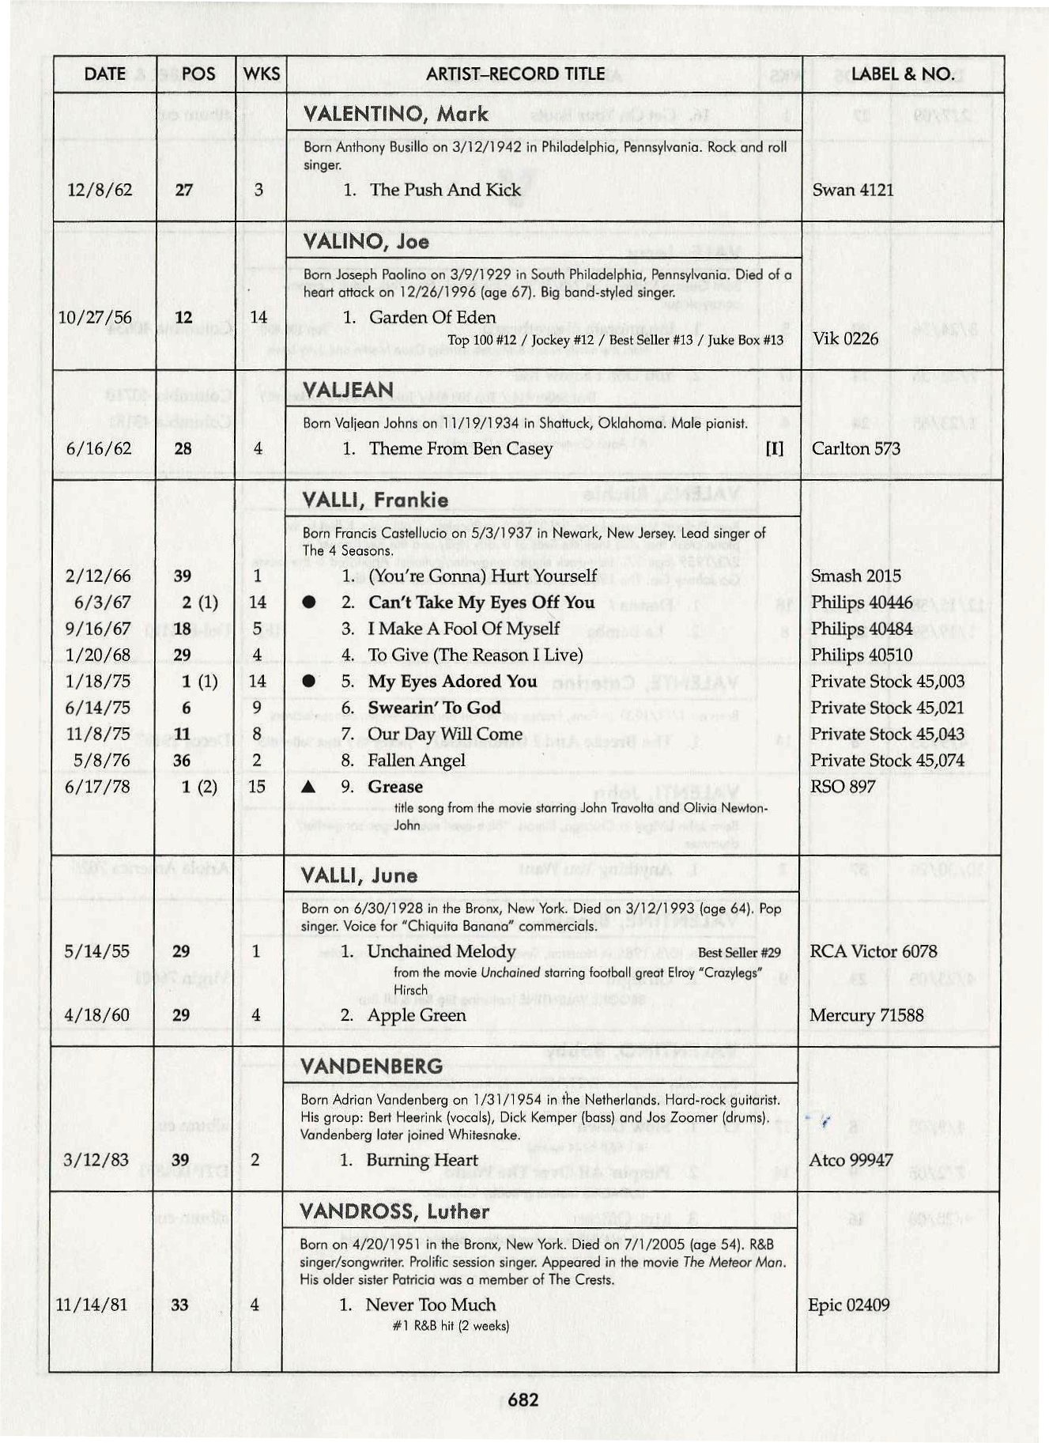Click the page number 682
point(523,1400)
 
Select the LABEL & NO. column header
point(903,74)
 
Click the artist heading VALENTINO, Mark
point(396,114)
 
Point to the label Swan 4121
point(853,190)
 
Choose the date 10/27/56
point(96,318)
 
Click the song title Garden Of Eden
point(432,318)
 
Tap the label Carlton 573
point(856,448)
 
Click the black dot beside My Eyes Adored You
point(309,682)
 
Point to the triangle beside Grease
point(309,787)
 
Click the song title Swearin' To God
point(435,708)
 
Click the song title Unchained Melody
point(441,951)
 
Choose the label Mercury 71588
point(866,1015)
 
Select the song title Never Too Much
point(431,1305)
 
